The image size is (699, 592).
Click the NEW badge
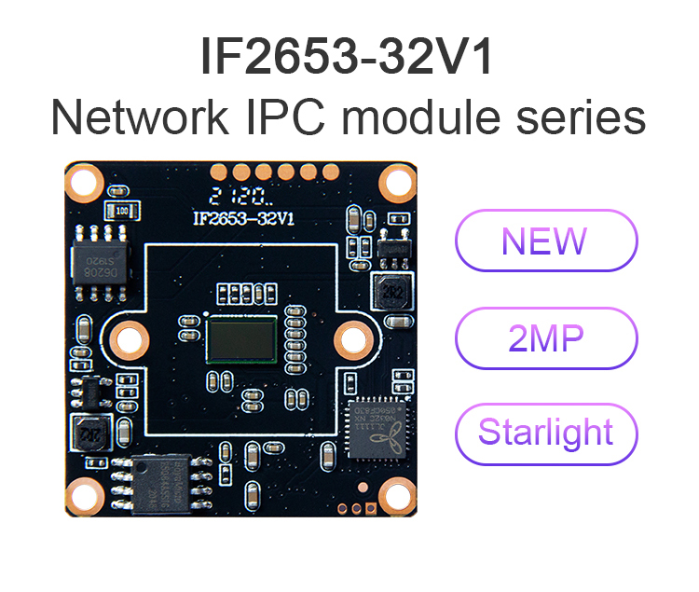click(x=545, y=241)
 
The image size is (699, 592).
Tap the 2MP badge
click(x=545, y=337)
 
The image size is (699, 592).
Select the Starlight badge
click(x=545, y=434)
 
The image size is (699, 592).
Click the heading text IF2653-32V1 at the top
click(x=347, y=58)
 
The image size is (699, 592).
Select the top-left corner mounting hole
click(x=84, y=182)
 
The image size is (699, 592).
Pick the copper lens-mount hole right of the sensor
click(x=353, y=337)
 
